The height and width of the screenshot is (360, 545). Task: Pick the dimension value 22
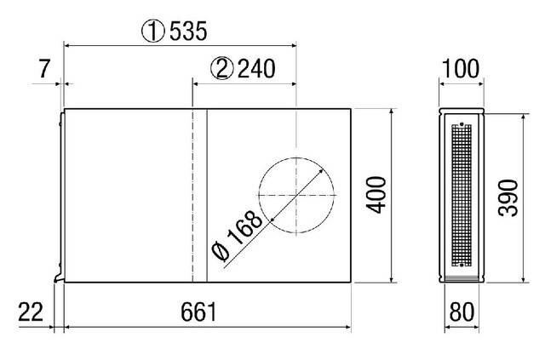(30, 311)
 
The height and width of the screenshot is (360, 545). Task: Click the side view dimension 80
(461, 311)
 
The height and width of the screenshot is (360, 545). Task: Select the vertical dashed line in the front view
(193, 196)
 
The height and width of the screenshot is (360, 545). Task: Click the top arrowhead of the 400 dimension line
(391, 111)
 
